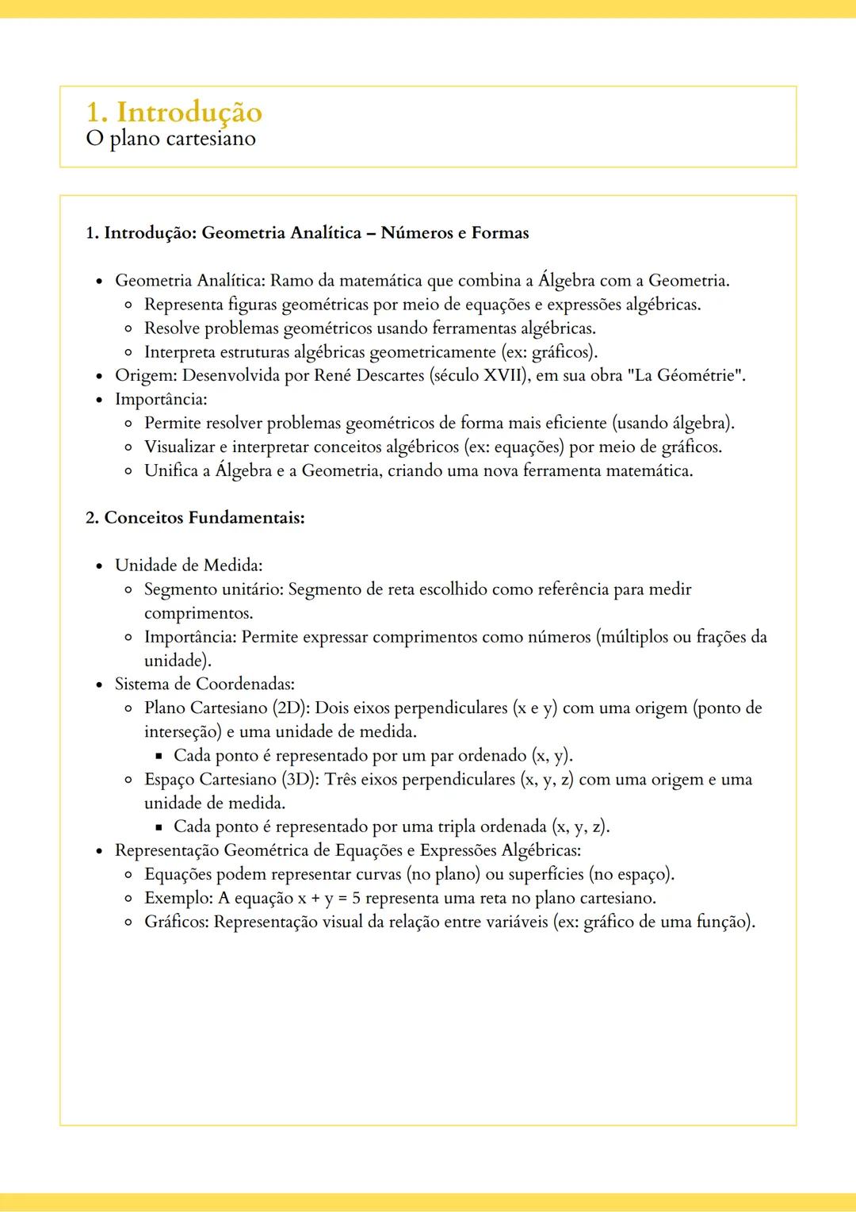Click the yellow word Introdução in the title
tap(189, 112)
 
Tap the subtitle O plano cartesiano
tap(170, 139)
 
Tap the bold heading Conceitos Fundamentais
tap(204, 518)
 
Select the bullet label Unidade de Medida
tap(188, 566)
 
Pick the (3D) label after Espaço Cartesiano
tap(300, 779)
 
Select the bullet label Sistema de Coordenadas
tap(204, 684)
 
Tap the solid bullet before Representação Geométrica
tap(99, 851)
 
